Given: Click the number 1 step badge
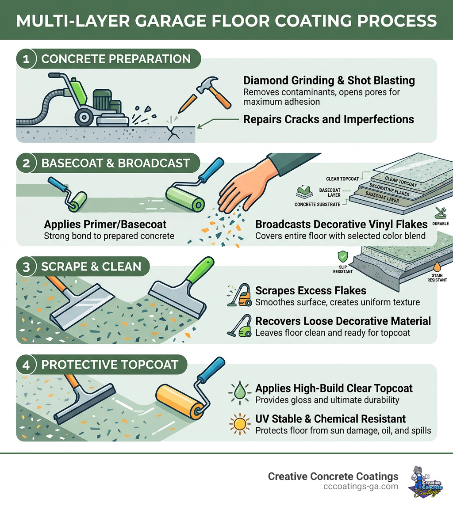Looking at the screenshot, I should [26, 59].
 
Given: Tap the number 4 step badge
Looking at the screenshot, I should [26, 365].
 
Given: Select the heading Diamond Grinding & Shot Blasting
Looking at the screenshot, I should [329, 80].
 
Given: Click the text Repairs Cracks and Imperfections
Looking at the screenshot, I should [329, 119].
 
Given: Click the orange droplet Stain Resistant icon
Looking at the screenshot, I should [437, 267].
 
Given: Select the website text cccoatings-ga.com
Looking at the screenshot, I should [361, 487].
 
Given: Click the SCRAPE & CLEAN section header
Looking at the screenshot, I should [91, 267].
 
